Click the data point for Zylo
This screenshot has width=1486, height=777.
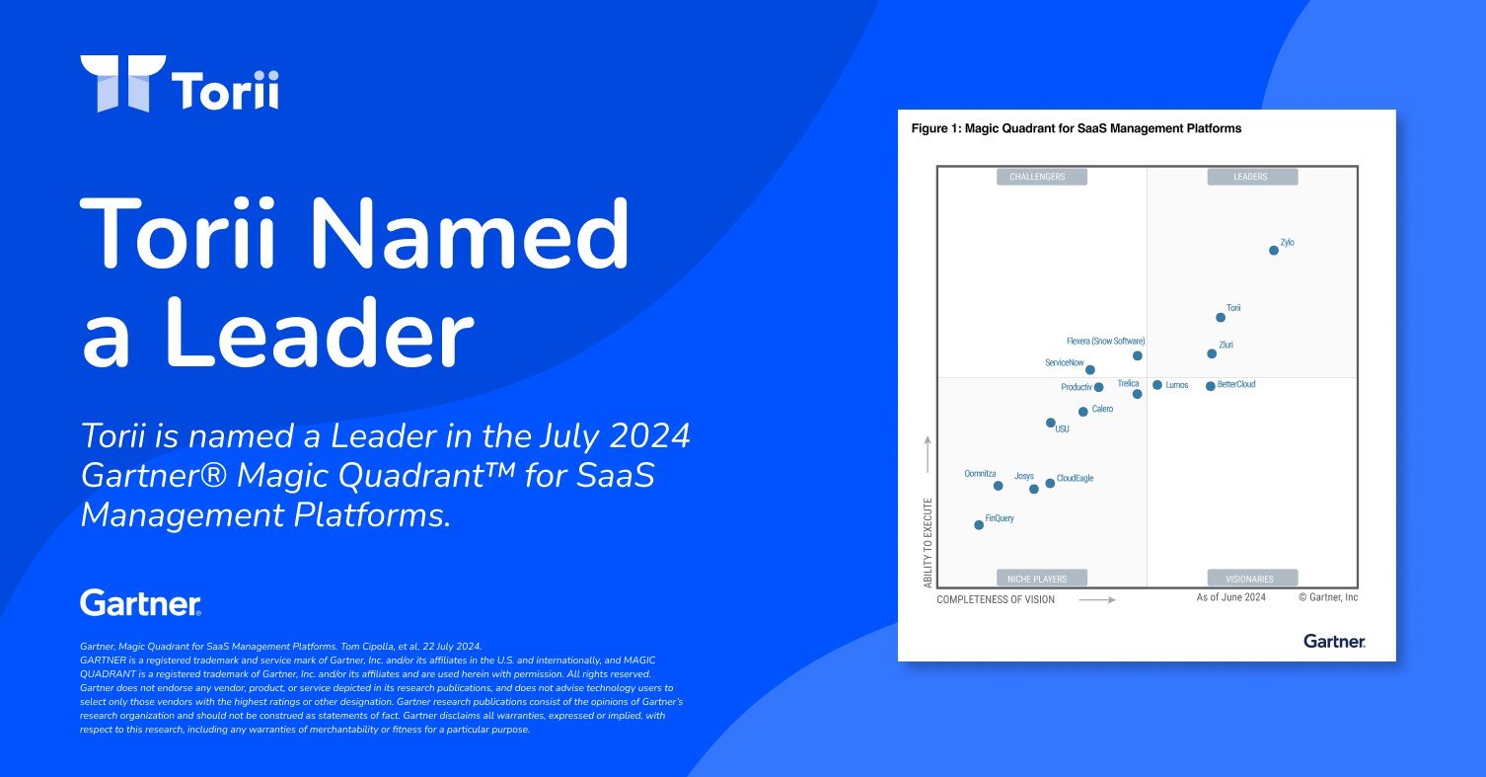tap(1274, 251)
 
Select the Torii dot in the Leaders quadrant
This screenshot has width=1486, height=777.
tap(1221, 318)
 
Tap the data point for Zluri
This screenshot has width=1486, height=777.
tap(1212, 354)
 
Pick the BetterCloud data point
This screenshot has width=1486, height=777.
tap(1211, 386)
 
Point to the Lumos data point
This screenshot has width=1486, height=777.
tap(1157, 385)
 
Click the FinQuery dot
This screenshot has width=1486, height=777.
tap(979, 525)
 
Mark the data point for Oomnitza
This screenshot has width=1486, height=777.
tap(999, 487)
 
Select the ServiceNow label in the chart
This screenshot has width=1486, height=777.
tap(1064, 363)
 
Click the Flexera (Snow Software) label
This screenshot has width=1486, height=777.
tap(1106, 341)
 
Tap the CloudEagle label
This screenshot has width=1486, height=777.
tap(1075, 479)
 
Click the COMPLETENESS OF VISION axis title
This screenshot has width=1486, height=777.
tap(995, 600)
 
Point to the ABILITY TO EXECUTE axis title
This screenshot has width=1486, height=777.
tap(929, 543)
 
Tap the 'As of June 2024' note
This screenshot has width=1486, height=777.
tap(1230, 597)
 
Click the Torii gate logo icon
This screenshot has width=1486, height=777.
tap(122, 84)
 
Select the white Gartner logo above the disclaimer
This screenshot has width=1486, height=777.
tap(140, 602)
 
